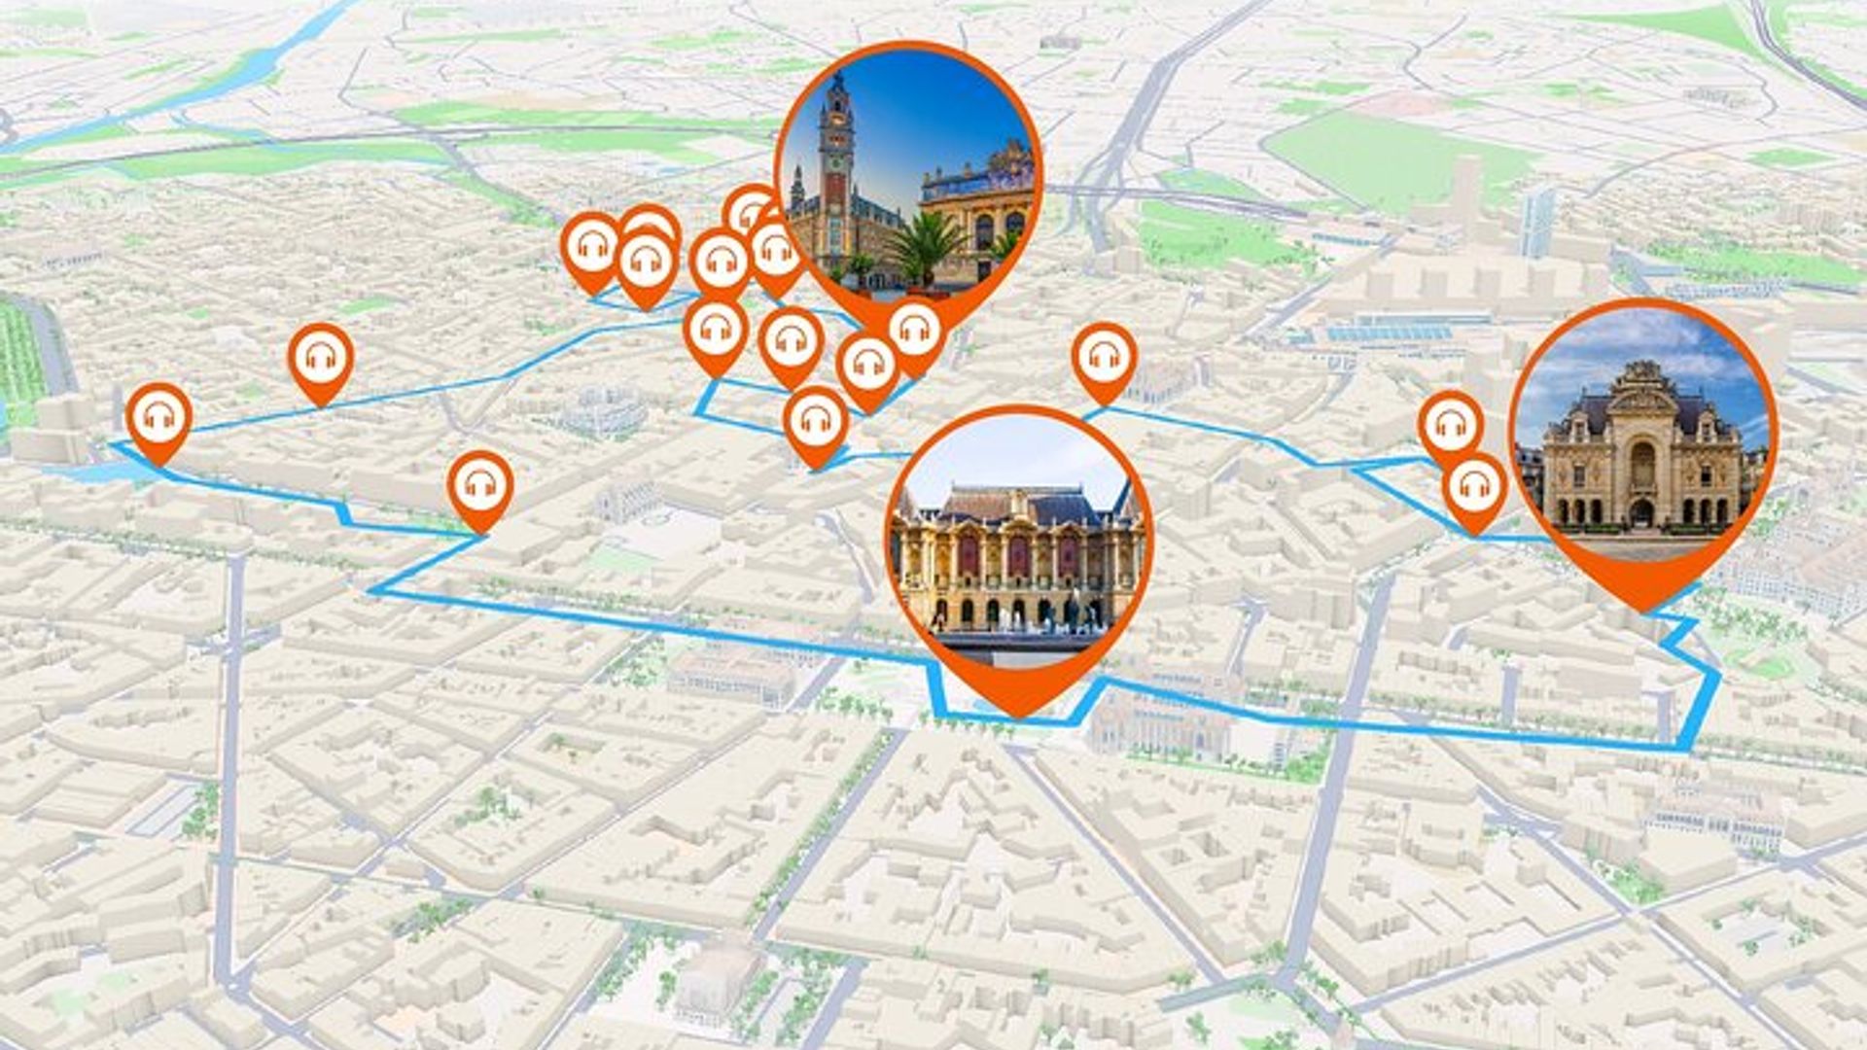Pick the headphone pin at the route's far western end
[159, 419]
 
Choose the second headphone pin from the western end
[320, 359]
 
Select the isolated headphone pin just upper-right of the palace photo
[1104, 358]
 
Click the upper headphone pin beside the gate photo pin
[1450, 425]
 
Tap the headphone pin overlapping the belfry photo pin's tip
[914, 333]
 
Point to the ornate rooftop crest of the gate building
[1642, 373]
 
